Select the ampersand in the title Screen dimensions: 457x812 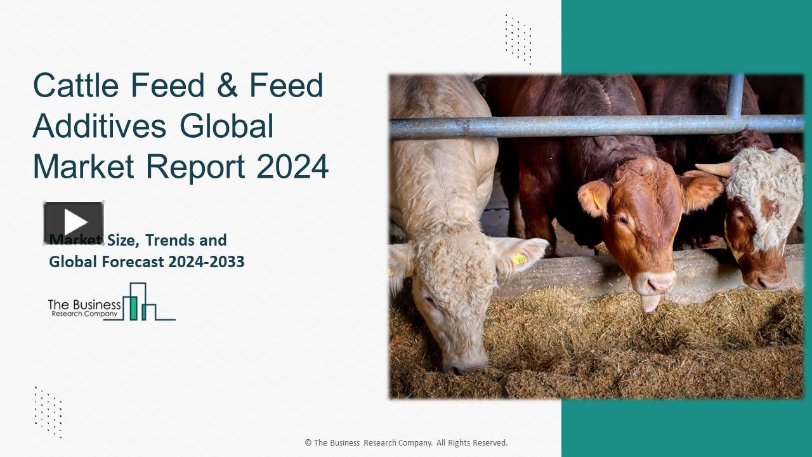click(226, 86)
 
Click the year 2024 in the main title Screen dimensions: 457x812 click(292, 166)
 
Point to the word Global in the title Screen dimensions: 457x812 click(226, 126)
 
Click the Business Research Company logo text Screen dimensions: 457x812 click(84, 308)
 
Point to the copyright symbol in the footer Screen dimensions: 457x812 click(308, 443)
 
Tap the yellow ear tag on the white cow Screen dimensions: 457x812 click(520, 259)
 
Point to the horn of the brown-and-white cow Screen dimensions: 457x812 click(714, 169)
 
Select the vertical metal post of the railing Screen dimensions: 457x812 click(735, 95)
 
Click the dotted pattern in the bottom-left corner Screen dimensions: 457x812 click(48, 411)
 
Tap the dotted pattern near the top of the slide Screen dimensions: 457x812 click(518, 39)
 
